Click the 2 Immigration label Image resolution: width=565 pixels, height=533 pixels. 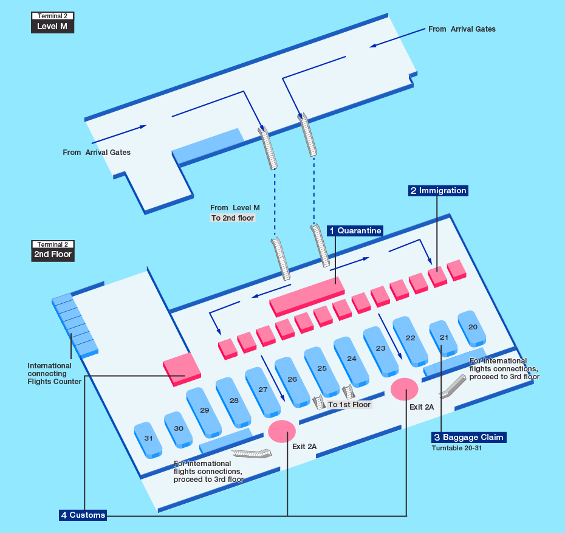(438, 191)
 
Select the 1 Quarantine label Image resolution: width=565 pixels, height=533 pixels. (355, 231)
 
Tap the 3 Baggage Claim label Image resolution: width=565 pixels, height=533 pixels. (468, 438)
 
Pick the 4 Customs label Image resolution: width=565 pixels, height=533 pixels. (83, 515)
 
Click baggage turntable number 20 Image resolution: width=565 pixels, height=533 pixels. (473, 328)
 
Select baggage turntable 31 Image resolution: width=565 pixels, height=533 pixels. (148, 439)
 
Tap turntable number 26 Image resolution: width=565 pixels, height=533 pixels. (292, 380)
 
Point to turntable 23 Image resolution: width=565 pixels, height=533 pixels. (381, 349)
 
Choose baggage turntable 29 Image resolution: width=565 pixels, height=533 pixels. (204, 411)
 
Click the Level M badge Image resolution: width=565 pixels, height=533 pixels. (52, 27)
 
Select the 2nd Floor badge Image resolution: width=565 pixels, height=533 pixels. (53, 255)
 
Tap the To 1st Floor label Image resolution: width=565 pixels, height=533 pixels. (349, 405)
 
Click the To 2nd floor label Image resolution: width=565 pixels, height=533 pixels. (233, 218)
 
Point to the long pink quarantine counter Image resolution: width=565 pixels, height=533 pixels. (307, 295)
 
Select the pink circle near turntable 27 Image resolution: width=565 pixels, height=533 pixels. (282, 430)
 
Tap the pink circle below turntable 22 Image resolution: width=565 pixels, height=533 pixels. (404, 389)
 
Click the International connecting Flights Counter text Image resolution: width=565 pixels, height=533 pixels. (54, 374)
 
